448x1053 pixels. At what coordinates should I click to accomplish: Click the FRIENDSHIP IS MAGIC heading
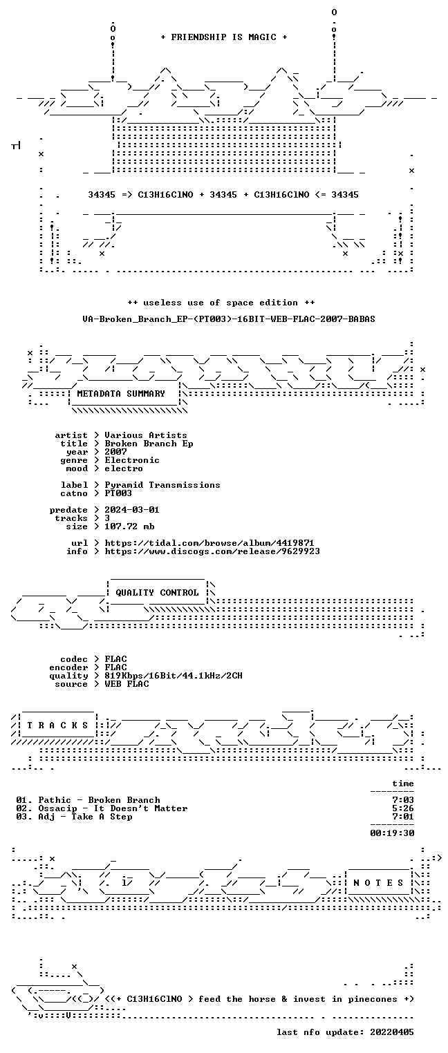223,37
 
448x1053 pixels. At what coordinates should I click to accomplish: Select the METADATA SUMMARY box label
121,393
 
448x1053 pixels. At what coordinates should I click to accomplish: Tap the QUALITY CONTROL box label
157,592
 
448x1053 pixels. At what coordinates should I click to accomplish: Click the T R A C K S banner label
57,725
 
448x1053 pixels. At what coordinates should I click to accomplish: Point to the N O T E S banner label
378,882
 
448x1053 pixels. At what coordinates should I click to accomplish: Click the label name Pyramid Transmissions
162,484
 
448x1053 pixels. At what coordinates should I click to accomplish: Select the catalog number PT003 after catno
118,493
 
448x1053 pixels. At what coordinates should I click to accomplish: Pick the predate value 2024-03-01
132,510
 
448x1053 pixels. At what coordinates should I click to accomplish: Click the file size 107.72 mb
129,526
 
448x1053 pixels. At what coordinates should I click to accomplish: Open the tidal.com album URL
209,543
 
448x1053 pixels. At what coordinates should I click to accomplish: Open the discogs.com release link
212,551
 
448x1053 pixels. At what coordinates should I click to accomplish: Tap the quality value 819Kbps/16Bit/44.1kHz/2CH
173,676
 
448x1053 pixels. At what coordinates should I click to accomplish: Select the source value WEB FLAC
127,683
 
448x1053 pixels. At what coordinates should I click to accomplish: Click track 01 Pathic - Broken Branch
88,799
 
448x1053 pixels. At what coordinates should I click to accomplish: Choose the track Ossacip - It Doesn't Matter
113,808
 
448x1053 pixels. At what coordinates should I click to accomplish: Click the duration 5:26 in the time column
403,808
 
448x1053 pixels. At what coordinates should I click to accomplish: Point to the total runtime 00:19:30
392,833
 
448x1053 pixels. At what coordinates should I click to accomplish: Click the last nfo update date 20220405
392,1032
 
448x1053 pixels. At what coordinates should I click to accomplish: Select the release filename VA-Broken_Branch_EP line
229,319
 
